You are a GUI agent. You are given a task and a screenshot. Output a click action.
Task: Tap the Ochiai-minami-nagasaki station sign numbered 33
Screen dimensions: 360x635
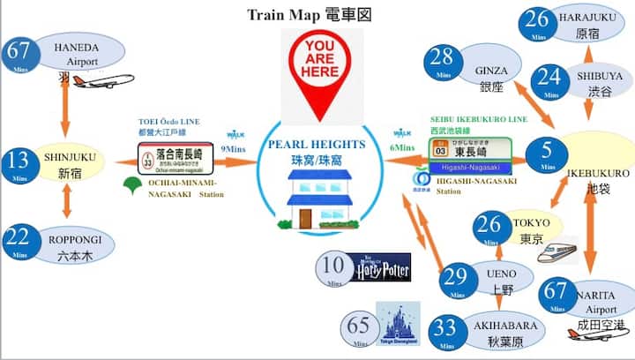[175, 160]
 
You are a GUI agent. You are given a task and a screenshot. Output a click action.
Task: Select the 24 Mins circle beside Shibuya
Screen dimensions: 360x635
[551, 79]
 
